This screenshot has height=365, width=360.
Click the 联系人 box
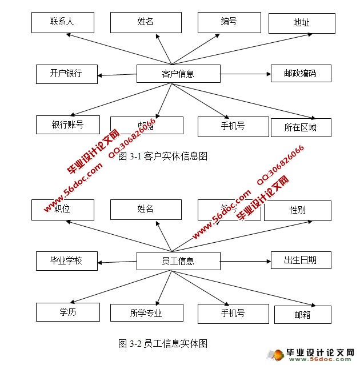[x=62, y=22]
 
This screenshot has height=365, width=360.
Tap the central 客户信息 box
[x=178, y=73]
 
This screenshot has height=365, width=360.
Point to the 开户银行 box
[x=66, y=73]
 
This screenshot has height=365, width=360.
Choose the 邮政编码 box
[x=301, y=73]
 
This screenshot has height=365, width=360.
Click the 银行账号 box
[x=67, y=125]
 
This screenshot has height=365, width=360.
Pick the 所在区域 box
[x=301, y=127]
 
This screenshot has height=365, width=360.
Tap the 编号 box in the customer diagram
[x=229, y=22]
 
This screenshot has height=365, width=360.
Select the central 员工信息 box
[x=178, y=261]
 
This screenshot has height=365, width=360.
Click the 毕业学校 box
[x=66, y=260]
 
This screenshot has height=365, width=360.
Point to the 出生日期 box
[x=301, y=260]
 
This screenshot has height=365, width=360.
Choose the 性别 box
[x=297, y=210]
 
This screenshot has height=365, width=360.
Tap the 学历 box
[x=67, y=312]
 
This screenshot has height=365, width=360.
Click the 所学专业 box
[x=146, y=313]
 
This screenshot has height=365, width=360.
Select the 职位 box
[x=62, y=210]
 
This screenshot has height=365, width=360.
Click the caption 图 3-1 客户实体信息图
[x=162, y=155]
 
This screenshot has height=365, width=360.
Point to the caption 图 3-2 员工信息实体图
[x=162, y=343]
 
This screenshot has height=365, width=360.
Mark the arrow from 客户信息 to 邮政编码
[x=245, y=74]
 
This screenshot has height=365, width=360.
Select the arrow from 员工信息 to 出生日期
[x=245, y=262]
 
